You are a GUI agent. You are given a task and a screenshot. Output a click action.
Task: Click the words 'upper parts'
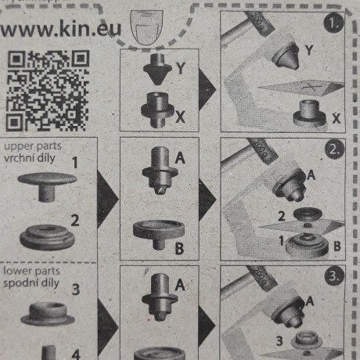tap(33, 146)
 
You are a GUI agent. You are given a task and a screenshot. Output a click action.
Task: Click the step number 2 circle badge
tap(335, 149)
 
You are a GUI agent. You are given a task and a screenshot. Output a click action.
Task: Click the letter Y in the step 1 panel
tap(308, 50)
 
